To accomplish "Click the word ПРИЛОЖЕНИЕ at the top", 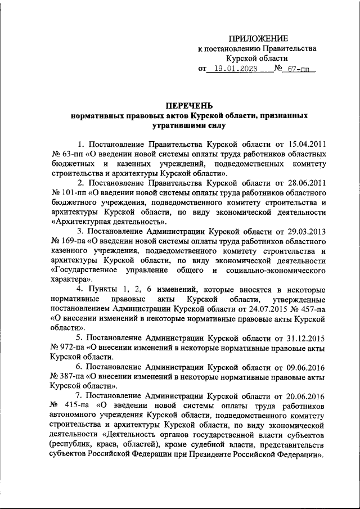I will tap(258, 38).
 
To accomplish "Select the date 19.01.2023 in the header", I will tap(232, 69).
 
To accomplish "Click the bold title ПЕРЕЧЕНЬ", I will tap(189, 105).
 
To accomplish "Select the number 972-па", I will tap(69, 348).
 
